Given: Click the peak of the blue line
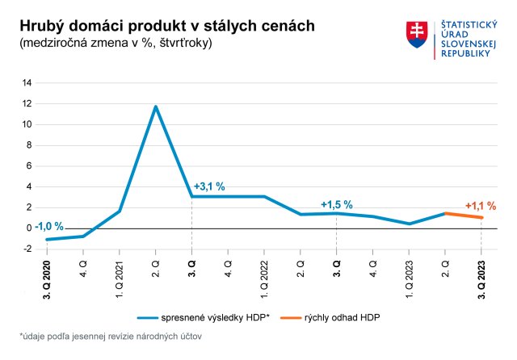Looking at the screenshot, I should (155, 107).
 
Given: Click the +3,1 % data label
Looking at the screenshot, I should (209, 186).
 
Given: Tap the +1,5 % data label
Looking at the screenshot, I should (337, 204).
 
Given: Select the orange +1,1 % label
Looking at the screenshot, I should (481, 206).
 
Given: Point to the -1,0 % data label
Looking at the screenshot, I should (48, 225).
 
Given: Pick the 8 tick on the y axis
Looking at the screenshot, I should (30, 145).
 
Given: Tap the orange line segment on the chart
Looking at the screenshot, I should (463, 216).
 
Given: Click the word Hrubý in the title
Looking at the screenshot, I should (41, 27).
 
